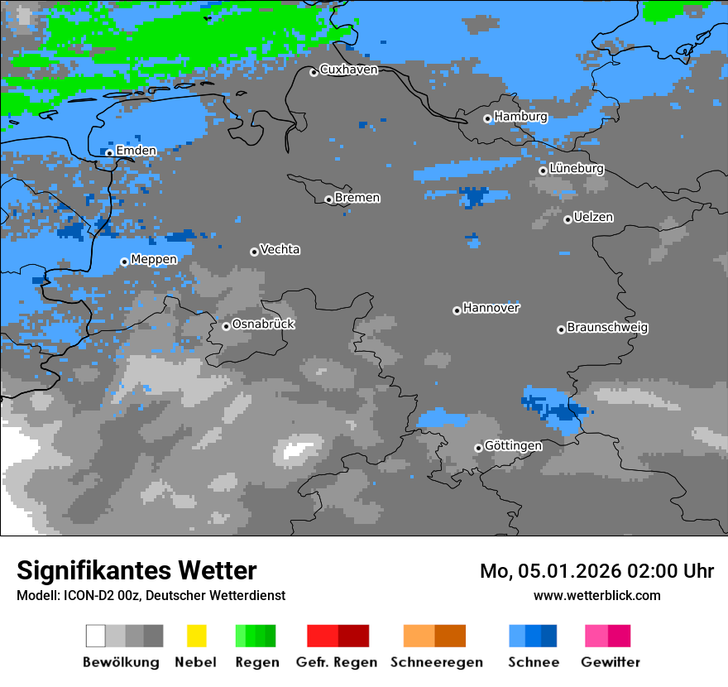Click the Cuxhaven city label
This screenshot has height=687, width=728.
pos(348,70)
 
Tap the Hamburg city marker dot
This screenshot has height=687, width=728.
pos(488,118)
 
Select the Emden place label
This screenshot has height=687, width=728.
pos(136,151)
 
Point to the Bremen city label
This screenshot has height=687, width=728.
pos(357,198)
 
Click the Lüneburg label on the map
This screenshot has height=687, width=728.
pos(576,168)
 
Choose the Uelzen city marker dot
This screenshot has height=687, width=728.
pos(568,219)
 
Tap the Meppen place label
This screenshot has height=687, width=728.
pos(154,259)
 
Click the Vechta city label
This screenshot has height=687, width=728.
pos(280,249)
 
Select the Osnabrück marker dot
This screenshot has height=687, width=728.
pos(226,326)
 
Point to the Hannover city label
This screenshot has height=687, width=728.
pos(491,308)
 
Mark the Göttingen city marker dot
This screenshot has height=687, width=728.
pos(478,448)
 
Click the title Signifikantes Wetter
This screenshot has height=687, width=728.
pos(136,571)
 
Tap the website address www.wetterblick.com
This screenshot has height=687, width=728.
pos(596,595)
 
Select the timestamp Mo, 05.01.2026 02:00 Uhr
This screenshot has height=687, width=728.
pos(596,571)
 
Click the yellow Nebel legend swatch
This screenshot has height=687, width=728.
pos(196,636)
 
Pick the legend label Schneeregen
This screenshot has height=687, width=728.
pos(436,662)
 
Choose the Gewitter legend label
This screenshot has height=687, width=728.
pos(611,662)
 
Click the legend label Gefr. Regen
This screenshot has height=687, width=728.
pos(337,662)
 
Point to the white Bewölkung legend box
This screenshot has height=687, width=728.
pos(96,636)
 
